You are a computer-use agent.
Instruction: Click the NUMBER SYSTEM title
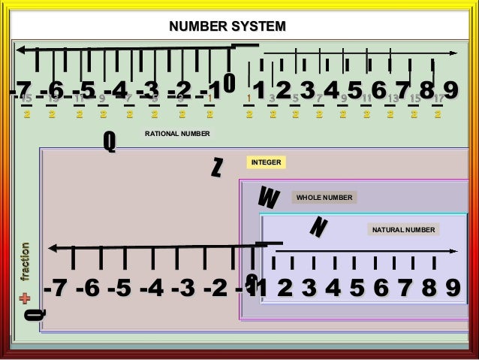(x=227, y=27)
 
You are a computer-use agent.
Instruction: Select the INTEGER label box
(x=265, y=162)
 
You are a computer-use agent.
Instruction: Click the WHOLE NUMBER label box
(x=324, y=197)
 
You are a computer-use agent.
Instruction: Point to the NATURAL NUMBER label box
(x=403, y=228)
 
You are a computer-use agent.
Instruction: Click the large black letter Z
(x=217, y=168)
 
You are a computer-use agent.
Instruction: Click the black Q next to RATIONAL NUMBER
(x=110, y=141)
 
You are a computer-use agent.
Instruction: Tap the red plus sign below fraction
(x=26, y=296)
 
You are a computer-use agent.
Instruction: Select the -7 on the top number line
(x=21, y=90)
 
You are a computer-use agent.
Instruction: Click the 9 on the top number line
(x=450, y=90)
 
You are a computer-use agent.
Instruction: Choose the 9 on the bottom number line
(x=452, y=289)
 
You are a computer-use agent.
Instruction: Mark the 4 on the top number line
(x=331, y=90)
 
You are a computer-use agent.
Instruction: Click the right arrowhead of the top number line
(x=453, y=53)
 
